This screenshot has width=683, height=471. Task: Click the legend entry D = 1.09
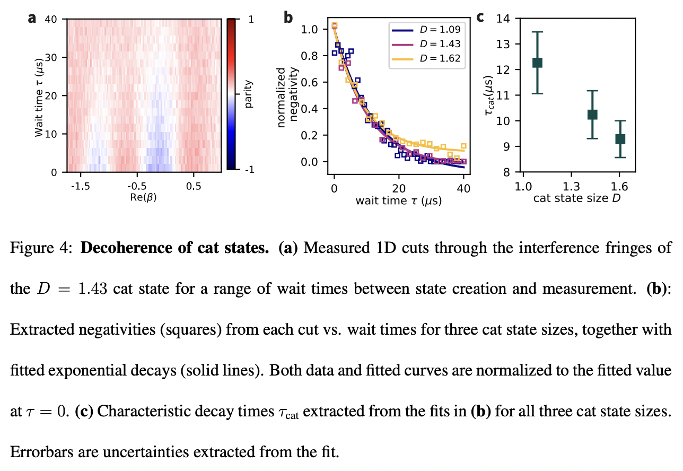426,30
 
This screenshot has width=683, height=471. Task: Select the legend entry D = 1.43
426,44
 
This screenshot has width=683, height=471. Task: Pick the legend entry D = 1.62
426,58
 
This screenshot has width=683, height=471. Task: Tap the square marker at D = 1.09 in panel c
537,63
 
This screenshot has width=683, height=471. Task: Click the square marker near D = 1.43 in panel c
592,114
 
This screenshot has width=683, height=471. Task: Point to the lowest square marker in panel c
620,139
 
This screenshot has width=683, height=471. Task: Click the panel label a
32,18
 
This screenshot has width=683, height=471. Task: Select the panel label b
288,18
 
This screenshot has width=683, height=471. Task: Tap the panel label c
480,17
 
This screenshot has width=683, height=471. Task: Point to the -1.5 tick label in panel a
81,186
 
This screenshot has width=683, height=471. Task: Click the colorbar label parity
249,94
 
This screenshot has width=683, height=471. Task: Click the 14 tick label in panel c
503,19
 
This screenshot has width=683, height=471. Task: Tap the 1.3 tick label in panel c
571,187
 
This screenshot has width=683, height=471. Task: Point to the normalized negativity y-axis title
287,97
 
